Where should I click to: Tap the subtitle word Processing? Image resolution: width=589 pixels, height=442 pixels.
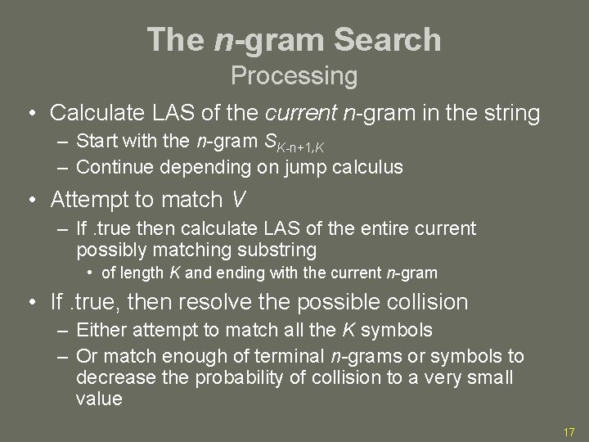(x=294, y=76)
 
